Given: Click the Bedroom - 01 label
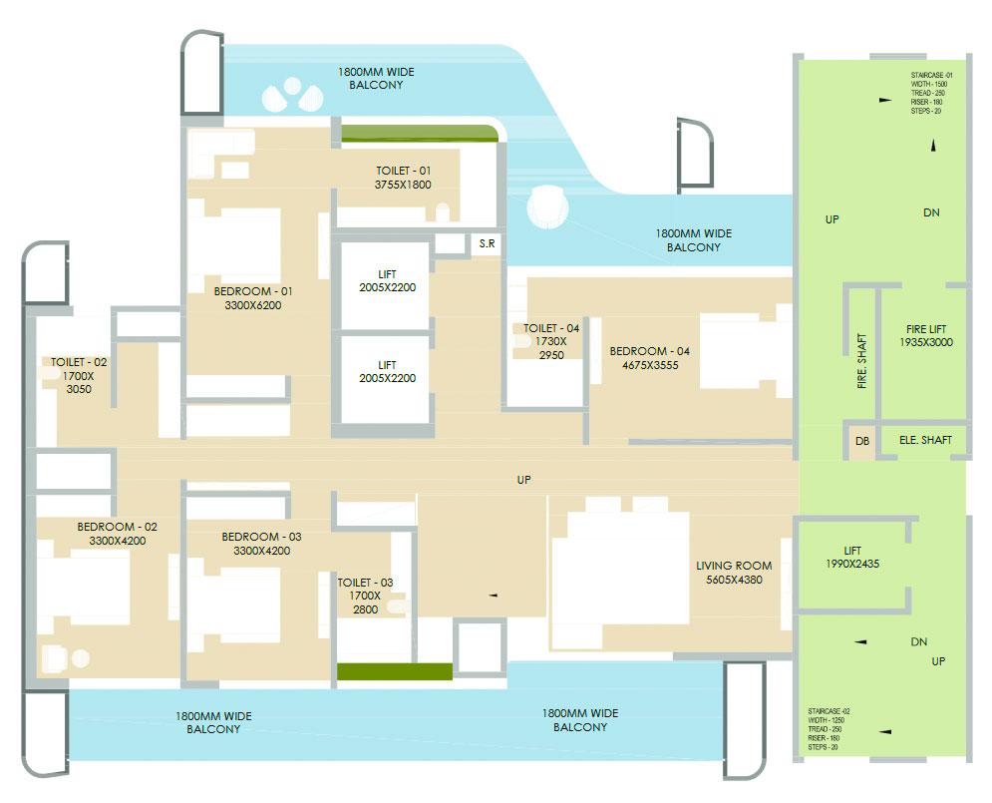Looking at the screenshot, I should pos(253,291).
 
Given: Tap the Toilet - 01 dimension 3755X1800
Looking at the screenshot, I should pos(403,186).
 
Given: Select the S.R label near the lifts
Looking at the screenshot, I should pos(487,242).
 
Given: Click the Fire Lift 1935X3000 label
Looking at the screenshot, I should pos(926,335).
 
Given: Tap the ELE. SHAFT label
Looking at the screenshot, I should pos(924,440).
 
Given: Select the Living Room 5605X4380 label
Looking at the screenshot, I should pos(734,573).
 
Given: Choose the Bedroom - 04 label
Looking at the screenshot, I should pos(649,358).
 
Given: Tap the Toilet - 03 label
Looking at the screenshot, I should pos(365,596).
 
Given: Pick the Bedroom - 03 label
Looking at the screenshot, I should pos(261,543).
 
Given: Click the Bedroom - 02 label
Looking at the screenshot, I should pos(117,534).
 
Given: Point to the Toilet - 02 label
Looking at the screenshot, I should pos(74,376).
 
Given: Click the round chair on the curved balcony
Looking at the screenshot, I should pos(547,207).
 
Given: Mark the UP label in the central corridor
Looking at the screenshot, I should pos(524,480).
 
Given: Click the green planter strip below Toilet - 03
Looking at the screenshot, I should pos(394,671).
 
